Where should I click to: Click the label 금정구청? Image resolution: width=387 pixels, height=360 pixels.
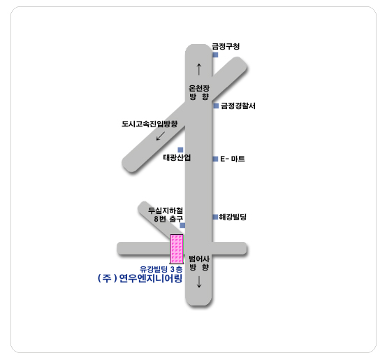pos(226,46)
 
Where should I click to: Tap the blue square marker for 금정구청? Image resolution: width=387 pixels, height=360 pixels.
pos(215,55)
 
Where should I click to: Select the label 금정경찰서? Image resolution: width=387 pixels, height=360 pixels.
pos(238,106)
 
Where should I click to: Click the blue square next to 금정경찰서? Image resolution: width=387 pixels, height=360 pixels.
pos(217,106)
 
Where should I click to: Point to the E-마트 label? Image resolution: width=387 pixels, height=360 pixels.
pos(233,159)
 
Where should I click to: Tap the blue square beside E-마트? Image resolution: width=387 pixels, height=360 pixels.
pos(215,159)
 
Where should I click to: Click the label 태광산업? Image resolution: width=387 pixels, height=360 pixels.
pos(177,157)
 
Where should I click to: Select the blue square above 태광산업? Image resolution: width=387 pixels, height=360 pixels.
pos(180,150)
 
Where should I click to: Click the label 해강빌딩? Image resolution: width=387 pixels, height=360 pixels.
pos(233,217)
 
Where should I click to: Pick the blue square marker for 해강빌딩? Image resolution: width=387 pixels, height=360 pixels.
pos(215,217)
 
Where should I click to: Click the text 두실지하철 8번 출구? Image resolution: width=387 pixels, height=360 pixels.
pos(166,215)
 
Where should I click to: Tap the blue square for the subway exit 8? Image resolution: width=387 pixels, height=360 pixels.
pos(182,225)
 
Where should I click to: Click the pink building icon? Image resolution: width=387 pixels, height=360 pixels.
pos(177,249)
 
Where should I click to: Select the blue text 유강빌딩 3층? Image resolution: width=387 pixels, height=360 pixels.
pos(161,269)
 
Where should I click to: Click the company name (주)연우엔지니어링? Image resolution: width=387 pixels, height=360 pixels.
pos(140,278)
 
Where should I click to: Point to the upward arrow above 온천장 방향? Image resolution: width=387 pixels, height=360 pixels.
pos(199,69)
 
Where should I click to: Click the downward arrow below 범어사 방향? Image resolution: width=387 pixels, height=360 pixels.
pos(199,282)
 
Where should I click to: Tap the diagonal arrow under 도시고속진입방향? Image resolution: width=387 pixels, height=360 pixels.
pos(161,136)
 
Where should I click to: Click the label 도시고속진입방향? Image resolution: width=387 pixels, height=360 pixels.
pos(149,124)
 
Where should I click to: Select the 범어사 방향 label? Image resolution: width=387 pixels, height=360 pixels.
pos(199,264)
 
